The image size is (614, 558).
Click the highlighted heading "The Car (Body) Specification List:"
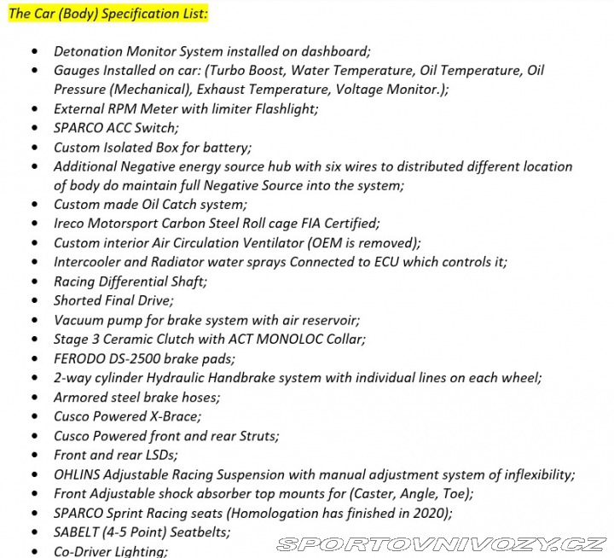pos(108,14)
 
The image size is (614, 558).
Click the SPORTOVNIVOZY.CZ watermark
pos(443,543)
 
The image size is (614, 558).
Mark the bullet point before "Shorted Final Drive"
pos(35,301)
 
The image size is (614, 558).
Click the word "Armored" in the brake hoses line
pos(81,397)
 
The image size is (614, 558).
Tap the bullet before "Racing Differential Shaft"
pos(35,282)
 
